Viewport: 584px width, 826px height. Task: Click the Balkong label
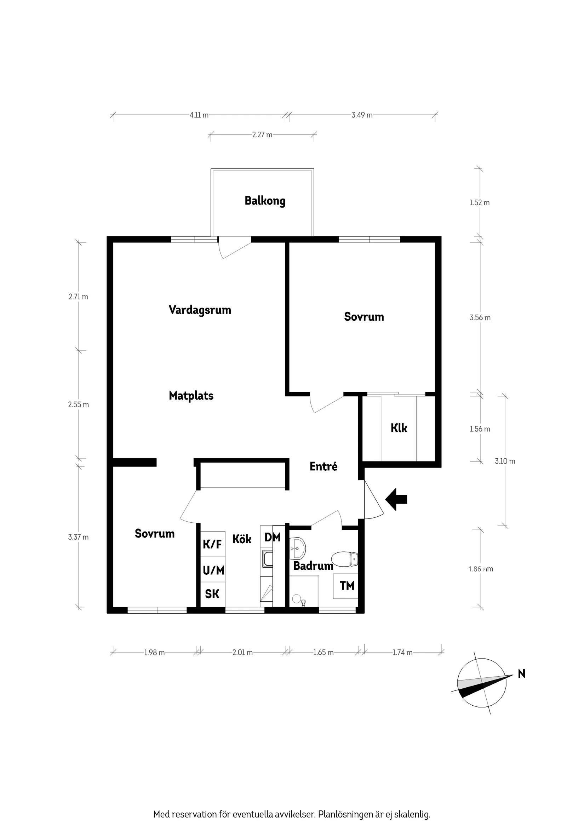(265, 201)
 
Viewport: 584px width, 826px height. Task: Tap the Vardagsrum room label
(200, 310)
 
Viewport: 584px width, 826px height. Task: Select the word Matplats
(191, 396)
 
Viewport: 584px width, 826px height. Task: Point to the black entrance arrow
(396, 499)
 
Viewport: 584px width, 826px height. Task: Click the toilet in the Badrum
(345, 559)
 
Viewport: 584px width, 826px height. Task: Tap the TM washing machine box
(347, 586)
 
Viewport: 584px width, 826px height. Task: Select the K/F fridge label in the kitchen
(212, 544)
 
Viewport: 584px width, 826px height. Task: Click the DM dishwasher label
(273, 538)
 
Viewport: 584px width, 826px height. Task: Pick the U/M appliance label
(213, 570)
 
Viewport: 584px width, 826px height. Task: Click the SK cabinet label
(212, 594)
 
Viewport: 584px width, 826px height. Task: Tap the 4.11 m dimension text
(199, 115)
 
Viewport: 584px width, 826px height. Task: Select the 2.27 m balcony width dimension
(262, 135)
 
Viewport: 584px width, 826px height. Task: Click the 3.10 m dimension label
(504, 461)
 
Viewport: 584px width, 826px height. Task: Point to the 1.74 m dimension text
(402, 653)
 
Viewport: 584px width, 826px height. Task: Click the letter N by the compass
(521, 674)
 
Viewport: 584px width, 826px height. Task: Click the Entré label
(324, 466)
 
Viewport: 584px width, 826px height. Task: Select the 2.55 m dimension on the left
(79, 405)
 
